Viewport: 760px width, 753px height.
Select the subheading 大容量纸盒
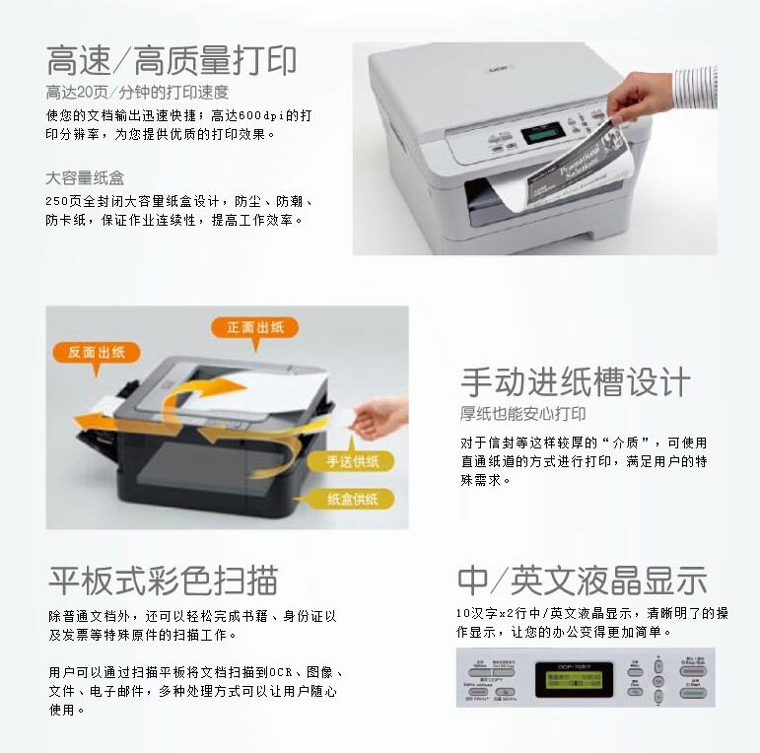85,178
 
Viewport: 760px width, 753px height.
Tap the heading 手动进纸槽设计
576,381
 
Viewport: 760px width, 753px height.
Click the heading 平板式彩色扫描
163,580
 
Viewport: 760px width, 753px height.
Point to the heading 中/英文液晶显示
582,580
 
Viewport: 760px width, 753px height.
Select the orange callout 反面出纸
95,352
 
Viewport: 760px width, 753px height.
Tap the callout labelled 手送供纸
359,461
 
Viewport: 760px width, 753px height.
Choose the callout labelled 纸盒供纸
353,499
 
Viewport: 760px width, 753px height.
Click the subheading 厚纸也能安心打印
522,414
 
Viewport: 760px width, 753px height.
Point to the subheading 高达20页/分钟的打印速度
137,93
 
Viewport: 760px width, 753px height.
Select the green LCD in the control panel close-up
574,679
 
